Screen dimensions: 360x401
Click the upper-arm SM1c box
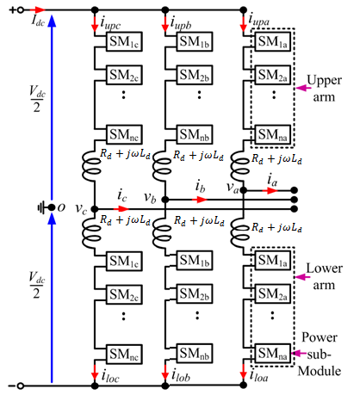[x=124, y=41]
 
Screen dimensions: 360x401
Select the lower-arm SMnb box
[x=195, y=354]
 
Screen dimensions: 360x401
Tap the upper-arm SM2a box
[x=273, y=75]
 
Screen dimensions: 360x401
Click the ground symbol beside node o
[x=42, y=207]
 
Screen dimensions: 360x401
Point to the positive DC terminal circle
[x=21, y=10]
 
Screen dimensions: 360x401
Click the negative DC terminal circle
[x=20, y=386]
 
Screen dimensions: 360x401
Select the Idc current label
[x=38, y=22]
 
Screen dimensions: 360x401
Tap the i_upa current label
[x=259, y=21]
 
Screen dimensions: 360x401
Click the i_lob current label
[x=181, y=376]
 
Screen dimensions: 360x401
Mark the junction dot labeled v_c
[x=95, y=209]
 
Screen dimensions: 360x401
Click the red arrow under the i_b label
[x=201, y=200]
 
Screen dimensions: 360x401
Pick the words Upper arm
[x=324, y=89]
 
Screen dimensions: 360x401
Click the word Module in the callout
[x=320, y=371]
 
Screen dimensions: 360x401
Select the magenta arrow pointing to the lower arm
[x=302, y=277]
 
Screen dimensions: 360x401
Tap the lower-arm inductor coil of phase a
[x=240, y=233]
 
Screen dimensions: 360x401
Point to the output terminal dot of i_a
[x=294, y=190]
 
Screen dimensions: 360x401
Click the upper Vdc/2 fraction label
[x=37, y=99]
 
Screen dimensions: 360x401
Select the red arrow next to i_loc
[x=95, y=373]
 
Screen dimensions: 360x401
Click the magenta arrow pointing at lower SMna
[x=299, y=354]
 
